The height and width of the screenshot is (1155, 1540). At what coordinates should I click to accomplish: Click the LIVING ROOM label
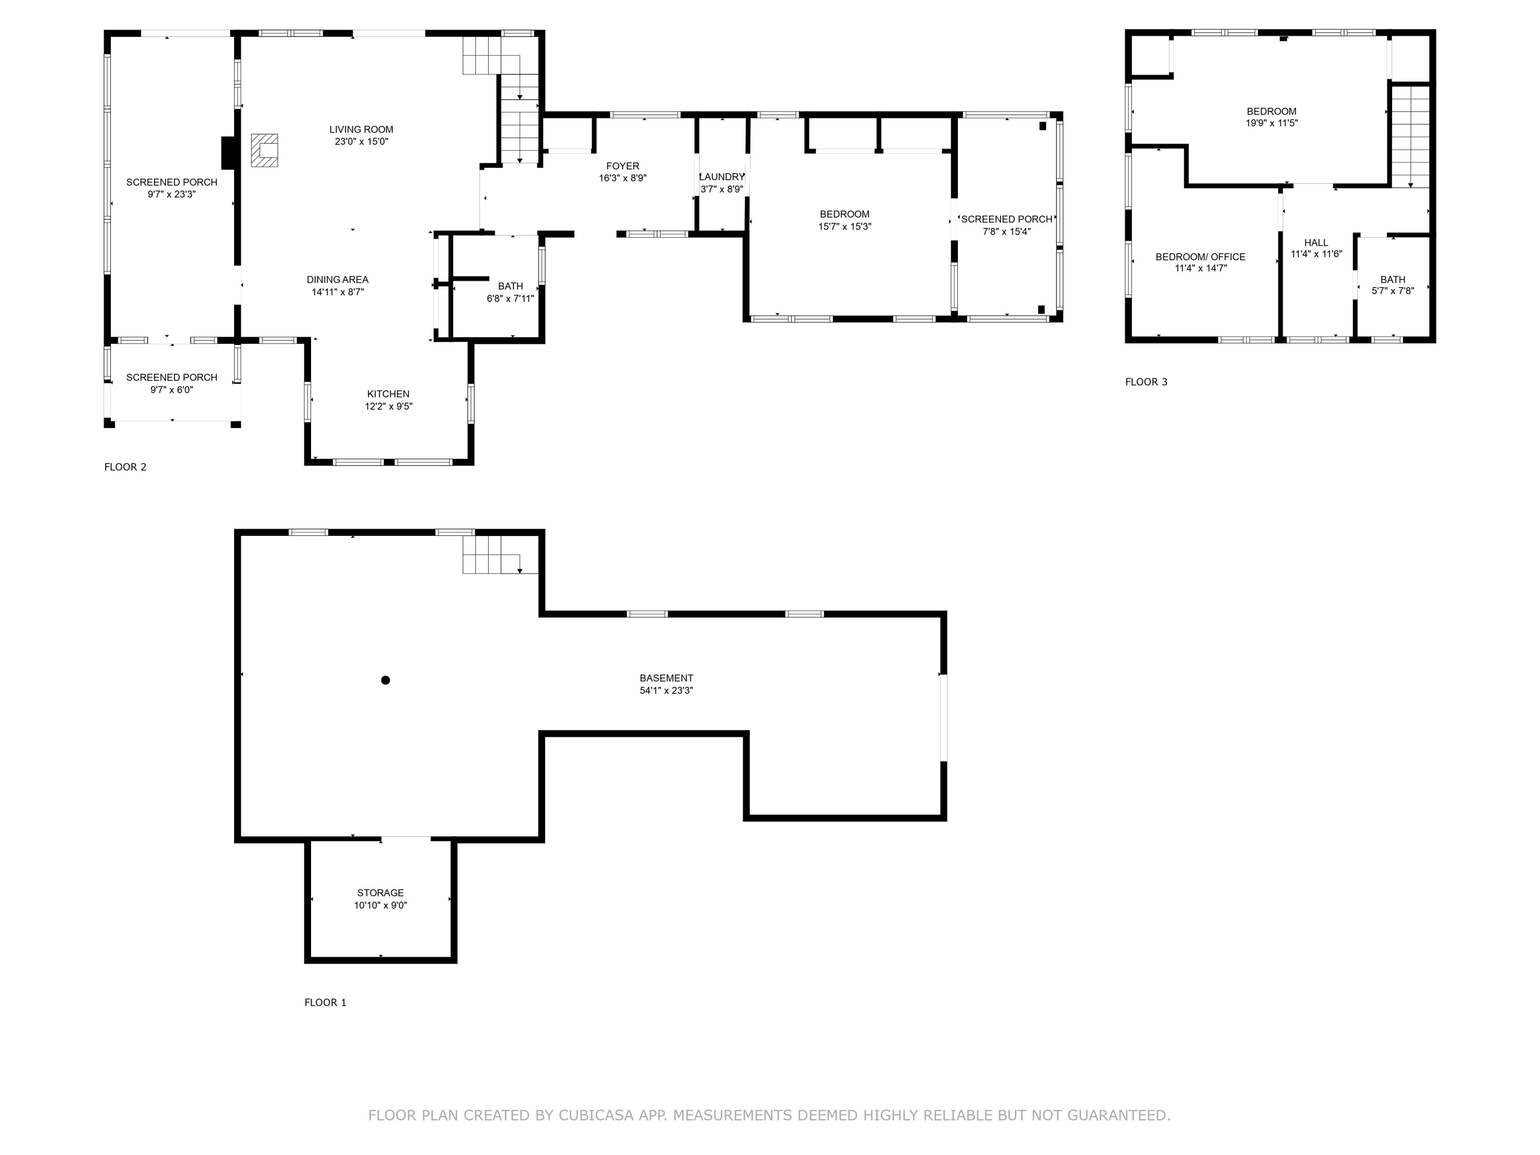(361, 129)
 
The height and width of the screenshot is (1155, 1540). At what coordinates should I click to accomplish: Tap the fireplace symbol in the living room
(264, 150)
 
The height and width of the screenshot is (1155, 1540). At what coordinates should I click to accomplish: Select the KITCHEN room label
(389, 394)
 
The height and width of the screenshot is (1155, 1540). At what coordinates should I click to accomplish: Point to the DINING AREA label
(338, 280)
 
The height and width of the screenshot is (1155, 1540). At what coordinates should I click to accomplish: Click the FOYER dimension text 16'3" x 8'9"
(622, 178)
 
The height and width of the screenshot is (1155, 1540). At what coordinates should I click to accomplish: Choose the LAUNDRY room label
(722, 177)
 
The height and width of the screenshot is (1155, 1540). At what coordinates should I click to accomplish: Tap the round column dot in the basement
(386, 680)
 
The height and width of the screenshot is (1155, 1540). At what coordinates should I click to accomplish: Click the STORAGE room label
(381, 893)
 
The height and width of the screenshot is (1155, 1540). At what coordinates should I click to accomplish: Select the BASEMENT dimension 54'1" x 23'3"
(666, 690)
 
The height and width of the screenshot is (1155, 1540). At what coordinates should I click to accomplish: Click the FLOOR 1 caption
(325, 1003)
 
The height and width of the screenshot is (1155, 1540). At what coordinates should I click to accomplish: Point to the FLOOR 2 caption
(125, 467)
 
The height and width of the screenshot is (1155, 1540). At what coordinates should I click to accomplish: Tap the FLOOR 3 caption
(1146, 381)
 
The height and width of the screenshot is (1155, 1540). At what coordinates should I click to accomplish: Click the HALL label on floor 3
(1316, 243)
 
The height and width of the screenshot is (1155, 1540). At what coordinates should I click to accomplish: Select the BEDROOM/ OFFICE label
(1200, 257)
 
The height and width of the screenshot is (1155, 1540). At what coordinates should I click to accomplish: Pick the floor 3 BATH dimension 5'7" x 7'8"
(1392, 291)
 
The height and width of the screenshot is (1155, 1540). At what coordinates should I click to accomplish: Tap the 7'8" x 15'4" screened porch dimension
(1006, 232)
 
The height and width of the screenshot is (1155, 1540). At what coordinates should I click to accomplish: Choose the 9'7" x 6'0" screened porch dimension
(171, 390)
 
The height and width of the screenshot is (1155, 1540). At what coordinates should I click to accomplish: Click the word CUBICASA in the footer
(595, 1115)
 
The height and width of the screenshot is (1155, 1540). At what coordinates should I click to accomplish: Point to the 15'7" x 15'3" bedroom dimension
(844, 226)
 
